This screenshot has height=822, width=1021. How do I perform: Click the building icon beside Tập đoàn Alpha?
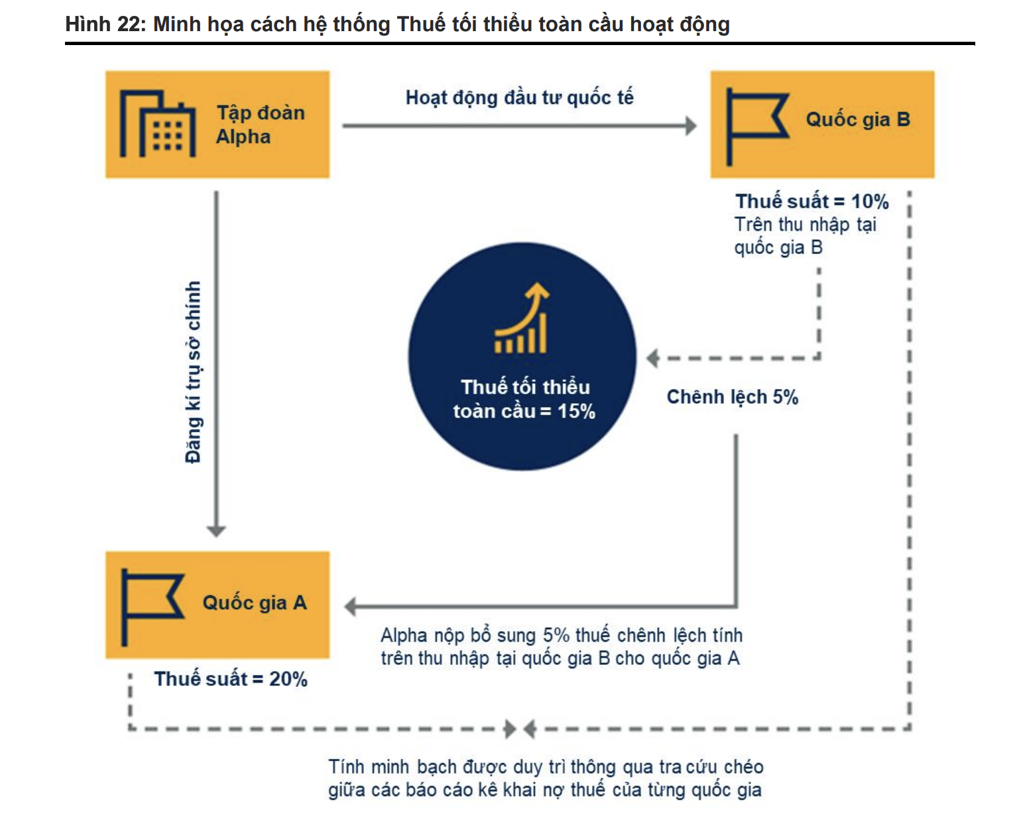[158, 125]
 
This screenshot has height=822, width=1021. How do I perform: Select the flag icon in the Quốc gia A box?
[150, 605]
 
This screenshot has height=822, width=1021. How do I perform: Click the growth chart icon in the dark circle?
[522, 320]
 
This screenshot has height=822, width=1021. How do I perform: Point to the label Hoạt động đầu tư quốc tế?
[519, 98]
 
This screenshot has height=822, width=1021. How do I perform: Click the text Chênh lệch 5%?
[732, 397]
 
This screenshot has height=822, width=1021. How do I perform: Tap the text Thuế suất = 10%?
[811, 202]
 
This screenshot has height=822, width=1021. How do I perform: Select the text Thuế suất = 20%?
[231, 679]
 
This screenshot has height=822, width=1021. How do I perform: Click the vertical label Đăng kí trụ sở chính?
[193, 372]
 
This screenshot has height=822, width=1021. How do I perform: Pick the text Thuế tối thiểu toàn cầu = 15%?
[524, 399]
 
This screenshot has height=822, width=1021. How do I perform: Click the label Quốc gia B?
[858, 120]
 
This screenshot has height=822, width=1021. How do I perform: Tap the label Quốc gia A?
[255, 603]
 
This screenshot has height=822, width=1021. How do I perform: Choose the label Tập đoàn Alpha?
[260, 125]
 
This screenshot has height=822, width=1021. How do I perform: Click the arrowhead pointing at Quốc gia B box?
[691, 126]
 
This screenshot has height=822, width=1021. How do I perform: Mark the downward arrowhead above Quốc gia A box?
[216, 531]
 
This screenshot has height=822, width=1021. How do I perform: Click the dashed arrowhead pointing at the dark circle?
[653, 359]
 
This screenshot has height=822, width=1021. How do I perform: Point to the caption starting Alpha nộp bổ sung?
[561, 647]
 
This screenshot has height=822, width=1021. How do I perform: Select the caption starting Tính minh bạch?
[546, 778]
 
